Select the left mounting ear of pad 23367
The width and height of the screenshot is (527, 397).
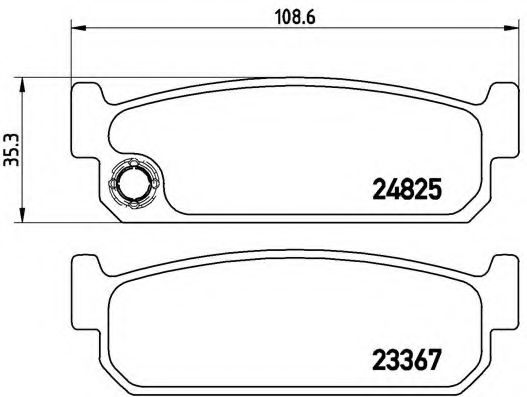tap(86, 267)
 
